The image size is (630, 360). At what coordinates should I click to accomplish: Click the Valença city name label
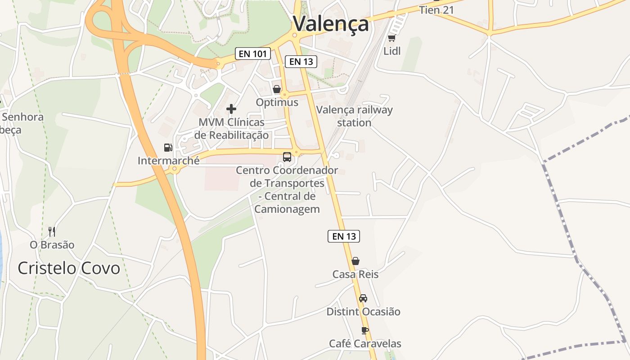(x=331, y=24)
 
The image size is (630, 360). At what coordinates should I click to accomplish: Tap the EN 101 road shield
(x=253, y=54)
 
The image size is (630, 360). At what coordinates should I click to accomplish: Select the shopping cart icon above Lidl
(x=391, y=38)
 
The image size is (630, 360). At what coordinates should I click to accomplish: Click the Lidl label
(x=391, y=51)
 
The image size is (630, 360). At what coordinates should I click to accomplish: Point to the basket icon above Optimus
(x=277, y=89)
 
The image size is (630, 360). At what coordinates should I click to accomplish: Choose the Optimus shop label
(x=277, y=103)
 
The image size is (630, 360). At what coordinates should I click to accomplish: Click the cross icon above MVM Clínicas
(x=231, y=109)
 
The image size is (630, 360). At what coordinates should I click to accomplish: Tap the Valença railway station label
(x=355, y=116)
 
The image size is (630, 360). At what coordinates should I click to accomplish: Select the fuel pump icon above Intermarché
(x=168, y=148)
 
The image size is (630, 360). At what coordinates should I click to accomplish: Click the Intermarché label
(x=168, y=161)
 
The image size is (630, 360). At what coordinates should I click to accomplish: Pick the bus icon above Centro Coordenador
(x=287, y=157)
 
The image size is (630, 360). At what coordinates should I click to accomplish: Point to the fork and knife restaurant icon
(x=52, y=232)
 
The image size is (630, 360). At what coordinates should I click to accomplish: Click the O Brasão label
(x=52, y=245)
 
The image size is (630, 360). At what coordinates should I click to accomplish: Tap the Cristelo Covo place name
(x=69, y=268)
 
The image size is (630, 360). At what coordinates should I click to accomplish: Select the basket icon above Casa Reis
(x=355, y=261)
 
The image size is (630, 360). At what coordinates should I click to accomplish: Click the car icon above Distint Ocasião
(x=363, y=298)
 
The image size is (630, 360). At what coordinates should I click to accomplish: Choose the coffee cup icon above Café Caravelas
(x=365, y=331)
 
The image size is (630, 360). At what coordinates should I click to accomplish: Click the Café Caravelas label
(x=365, y=344)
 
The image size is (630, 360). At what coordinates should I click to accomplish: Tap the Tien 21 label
(x=436, y=10)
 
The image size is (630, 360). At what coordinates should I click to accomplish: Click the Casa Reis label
(x=355, y=274)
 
